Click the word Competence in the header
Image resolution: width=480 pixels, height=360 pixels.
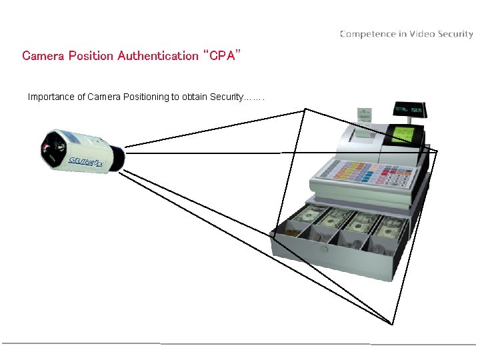(x=365, y=34)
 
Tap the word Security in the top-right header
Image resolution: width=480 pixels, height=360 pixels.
(x=455, y=34)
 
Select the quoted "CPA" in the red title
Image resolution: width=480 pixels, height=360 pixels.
(x=220, y=55)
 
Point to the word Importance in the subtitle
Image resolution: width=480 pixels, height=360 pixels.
(x=51, y=97)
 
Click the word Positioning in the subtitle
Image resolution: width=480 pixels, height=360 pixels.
(x=144, y=97)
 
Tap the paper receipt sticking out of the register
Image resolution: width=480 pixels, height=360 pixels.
(x=364, y=115)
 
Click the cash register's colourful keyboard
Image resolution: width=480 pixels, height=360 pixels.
(x=363, y=175)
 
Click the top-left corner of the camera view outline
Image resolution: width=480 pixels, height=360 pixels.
(x=305, y=109)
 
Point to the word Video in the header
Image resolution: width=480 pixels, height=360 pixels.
(x=423, y=34)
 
